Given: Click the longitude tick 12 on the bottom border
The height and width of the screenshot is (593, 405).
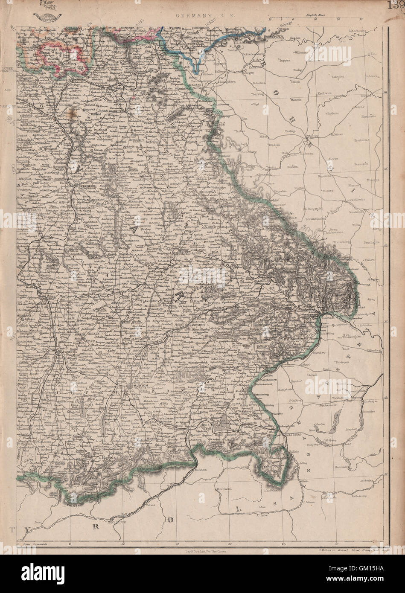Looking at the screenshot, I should tap(177, 544).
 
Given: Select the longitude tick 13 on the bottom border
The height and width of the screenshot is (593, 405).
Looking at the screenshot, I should tap(283, 544).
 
